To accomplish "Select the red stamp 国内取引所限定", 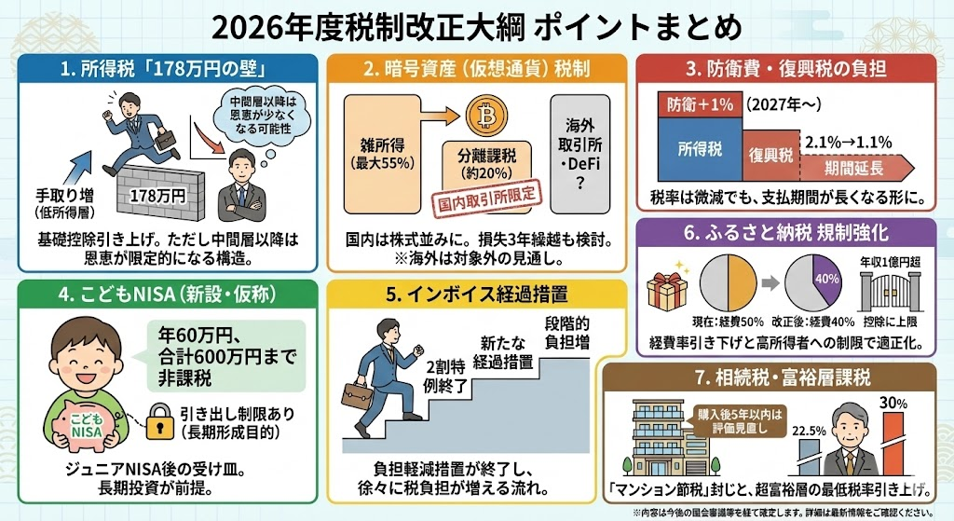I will [487, 196].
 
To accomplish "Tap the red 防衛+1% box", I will [699, 104].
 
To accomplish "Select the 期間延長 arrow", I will [862, 168].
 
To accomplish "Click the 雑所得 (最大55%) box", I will [384, 153].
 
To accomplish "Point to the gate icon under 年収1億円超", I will [887, 297].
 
